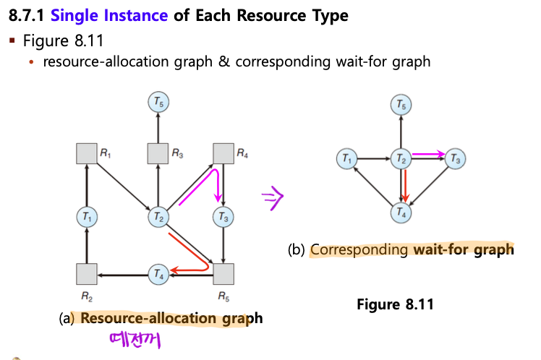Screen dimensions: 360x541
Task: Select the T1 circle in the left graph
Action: click(x=87, y=215)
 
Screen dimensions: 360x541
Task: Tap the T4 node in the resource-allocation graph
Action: click(x=158, y=273)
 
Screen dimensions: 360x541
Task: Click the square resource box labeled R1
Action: click(x=87, y=154)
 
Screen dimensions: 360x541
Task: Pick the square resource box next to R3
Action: click(x=158, y=154)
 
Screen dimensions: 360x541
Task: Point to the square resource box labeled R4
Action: click(x=223, y=154)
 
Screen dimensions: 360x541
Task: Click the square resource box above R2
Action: click(x=87, y=274)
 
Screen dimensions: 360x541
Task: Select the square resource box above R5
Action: click(x=223, y=274)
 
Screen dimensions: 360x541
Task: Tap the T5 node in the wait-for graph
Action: click(x=399, y=106)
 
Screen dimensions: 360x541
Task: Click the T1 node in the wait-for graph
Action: click(x=347, y=158)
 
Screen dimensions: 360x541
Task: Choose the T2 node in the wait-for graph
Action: click(x=399, y=158)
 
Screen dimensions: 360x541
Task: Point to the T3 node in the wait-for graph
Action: click(x=453, y=158)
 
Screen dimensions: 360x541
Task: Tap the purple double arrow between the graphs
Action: click(x=273, y=197)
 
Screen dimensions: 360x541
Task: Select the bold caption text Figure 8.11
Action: click(x=395, y=304)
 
